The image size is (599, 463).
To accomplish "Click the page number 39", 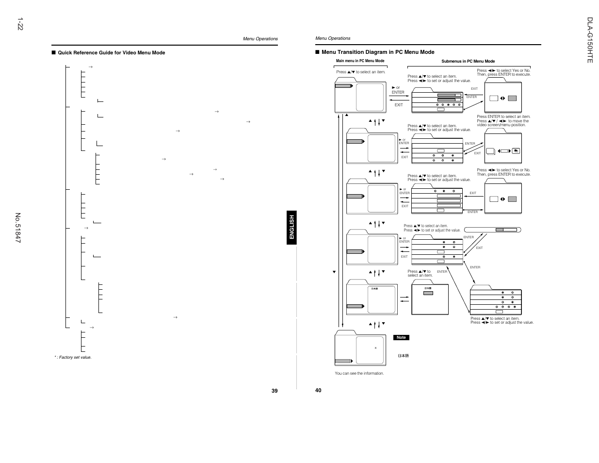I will (x=275, y=391).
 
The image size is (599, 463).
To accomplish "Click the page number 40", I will (x=318, y=390).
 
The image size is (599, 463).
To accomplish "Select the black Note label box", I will (x=401, y=337).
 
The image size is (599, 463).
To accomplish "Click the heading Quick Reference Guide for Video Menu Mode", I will (x=112, y=53).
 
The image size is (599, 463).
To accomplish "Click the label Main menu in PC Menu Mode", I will (x=360, y=61).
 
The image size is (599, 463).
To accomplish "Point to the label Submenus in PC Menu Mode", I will (x=468, y=62).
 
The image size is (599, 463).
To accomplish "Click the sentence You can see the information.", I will (x=359, y=373).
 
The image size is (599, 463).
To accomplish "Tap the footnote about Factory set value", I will (x=73, y=357).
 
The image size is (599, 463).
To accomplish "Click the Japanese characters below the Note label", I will (x=403, y=356).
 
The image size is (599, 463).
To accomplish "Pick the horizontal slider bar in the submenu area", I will (x=492, y=230).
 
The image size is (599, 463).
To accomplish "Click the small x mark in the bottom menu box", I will (x=375, y=348).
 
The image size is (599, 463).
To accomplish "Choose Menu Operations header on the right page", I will (x=333, y=38).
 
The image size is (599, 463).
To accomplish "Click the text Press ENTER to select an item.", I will (x=503, y=116).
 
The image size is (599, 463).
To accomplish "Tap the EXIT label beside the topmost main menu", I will (x=399, y=105).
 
